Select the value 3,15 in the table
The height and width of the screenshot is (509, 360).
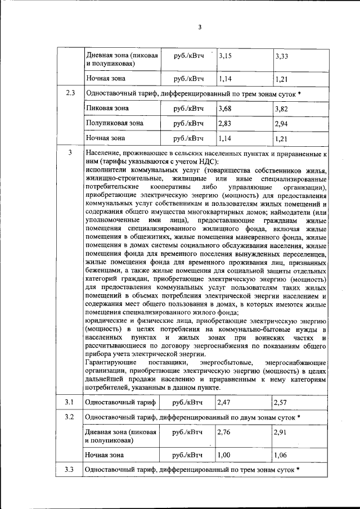click(x=225, y=56)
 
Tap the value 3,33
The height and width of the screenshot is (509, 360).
click(x=282, y=56)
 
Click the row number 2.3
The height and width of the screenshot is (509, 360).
click(x=70, y=93)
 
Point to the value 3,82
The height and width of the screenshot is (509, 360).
click(x=282, y=108)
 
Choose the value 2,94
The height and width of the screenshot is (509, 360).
click(x=282, y=123)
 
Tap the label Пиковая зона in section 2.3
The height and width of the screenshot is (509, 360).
click(x=107, y=108)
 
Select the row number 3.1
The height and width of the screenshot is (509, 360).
click(x=70, y=402)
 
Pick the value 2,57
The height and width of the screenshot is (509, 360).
click(x=282, y=402)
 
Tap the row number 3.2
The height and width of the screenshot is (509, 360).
click(x=70, y=417)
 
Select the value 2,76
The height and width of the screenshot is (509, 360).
click(x=224, y=432)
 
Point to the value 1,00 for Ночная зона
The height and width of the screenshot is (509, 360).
click(x=224, y=455)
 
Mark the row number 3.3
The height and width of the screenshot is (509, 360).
click(x=70, y=470)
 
